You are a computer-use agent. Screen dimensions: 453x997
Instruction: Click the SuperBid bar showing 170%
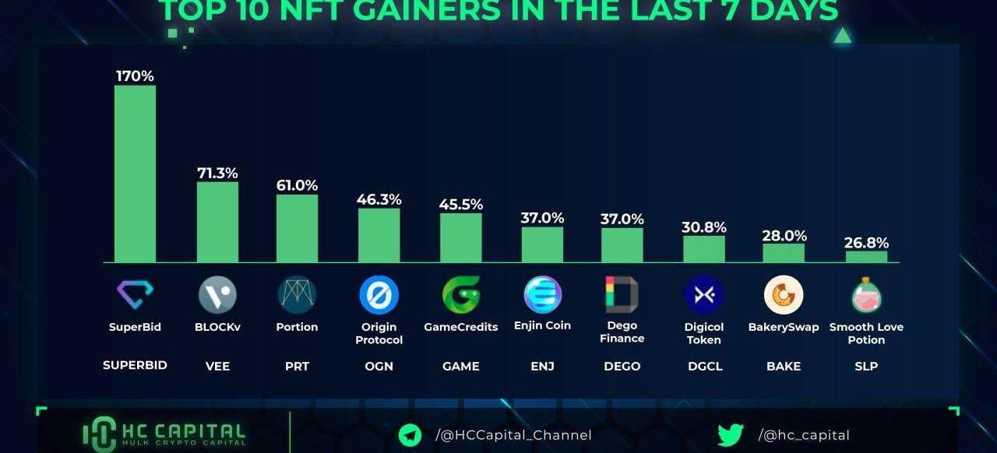(135, 174)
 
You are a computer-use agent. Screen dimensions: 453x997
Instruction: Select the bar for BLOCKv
(217, 222)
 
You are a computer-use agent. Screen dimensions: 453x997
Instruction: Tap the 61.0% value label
(297, 185)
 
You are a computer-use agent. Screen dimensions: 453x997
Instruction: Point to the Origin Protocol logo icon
(379, 296)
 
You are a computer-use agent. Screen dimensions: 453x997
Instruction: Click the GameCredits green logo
(460, 295)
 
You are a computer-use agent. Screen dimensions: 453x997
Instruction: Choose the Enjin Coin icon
(542, 295)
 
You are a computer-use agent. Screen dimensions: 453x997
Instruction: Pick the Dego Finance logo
(622, 294)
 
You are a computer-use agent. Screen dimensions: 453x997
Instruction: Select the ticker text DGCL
(704, 366)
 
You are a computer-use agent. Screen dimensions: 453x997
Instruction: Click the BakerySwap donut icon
(784, 295)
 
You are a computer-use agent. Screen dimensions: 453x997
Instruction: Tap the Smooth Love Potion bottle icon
(866, 296)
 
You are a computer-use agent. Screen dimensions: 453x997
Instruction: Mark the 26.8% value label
(866, 243)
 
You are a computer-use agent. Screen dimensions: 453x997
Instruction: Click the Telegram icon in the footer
(410, 435)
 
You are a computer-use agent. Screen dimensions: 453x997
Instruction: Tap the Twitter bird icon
(730, 435)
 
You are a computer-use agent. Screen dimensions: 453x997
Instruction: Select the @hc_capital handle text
(804, 435)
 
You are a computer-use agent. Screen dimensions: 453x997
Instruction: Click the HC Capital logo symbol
(99, 434)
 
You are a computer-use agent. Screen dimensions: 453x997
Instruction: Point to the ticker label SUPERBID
(135, 365)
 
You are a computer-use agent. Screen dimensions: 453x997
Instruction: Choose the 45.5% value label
(460, 205)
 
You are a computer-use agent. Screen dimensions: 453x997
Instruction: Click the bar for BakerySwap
(784, 253)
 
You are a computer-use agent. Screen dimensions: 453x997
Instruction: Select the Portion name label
(297, 327)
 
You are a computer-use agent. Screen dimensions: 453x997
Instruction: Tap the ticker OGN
(379, 366)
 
